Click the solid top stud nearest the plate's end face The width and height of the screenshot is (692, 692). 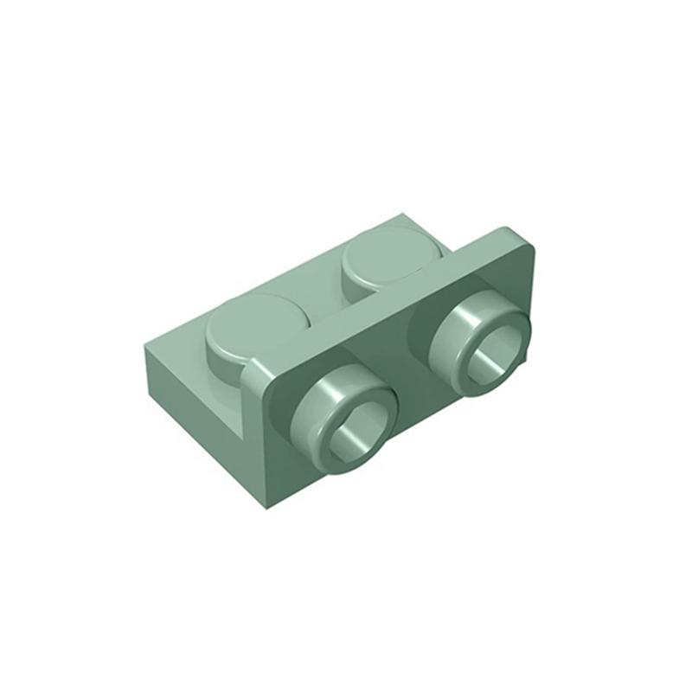coord(251,320)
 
